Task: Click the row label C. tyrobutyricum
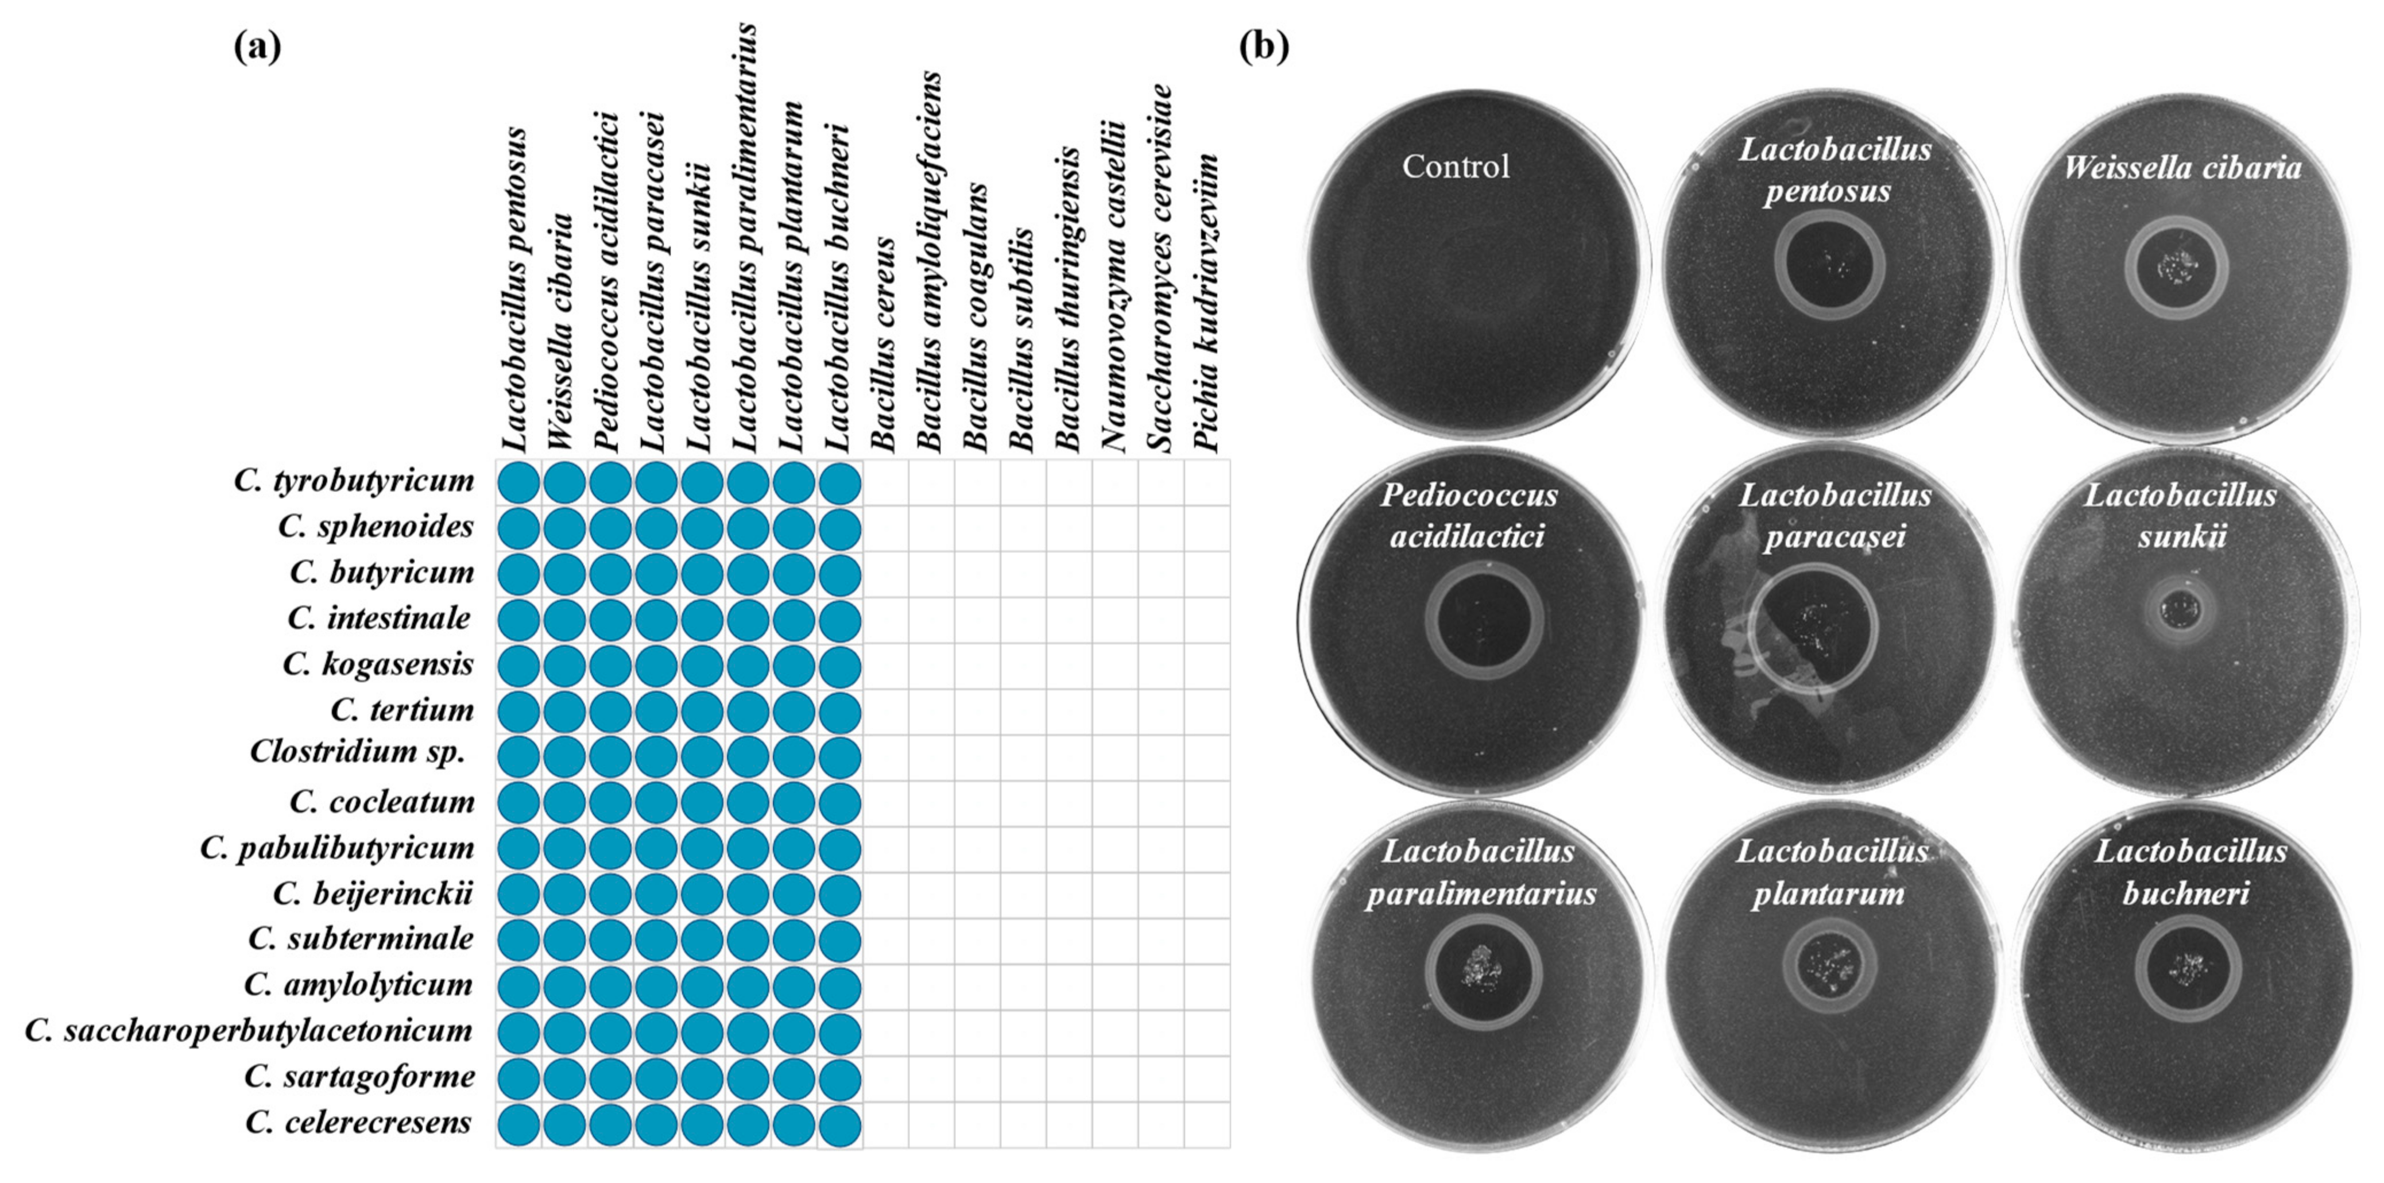354,481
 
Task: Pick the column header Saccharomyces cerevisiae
1160,268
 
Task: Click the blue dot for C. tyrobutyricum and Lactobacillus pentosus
518,483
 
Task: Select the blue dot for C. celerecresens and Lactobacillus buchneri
839,1124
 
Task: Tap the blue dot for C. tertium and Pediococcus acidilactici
610,712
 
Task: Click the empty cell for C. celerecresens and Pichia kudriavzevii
1207,1124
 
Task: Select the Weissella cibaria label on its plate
2182,168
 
